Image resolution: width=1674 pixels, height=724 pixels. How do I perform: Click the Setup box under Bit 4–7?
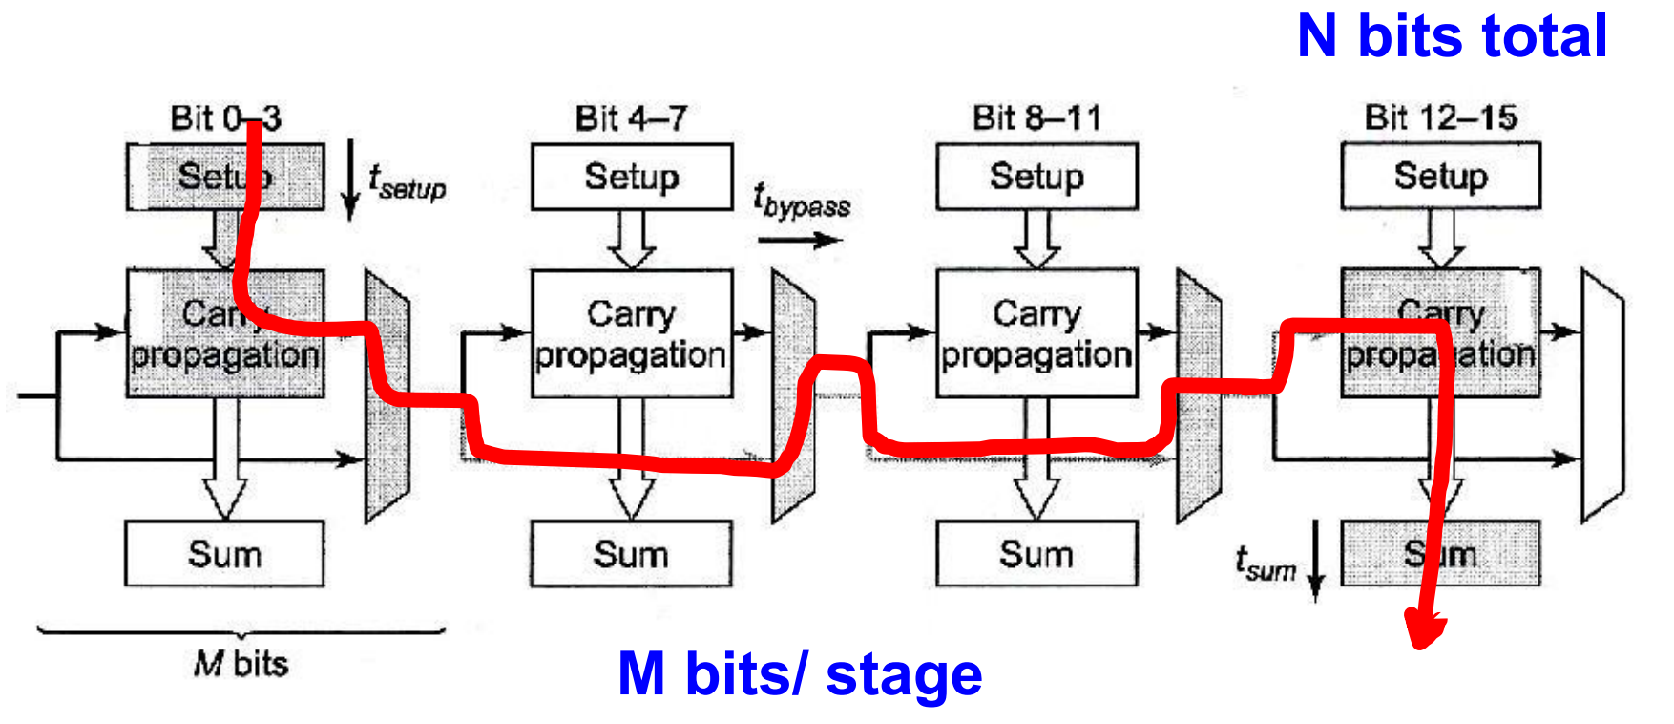pos(632,177)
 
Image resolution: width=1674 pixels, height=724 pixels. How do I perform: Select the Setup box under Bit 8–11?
pos(1036,177)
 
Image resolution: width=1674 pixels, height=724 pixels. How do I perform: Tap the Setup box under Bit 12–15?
pos(1440,177)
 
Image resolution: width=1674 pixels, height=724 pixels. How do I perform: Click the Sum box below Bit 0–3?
pos(224,554)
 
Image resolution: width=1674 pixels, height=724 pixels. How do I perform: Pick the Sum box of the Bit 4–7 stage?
pos(631,554)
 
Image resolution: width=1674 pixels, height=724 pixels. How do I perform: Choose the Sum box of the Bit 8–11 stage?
pos(1036,554)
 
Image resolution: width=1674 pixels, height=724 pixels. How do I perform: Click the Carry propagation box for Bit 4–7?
pos(632,333)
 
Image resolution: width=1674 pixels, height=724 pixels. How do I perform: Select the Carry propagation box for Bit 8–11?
pos(1036,333)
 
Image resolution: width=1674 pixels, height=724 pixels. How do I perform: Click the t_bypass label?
pos(801,201)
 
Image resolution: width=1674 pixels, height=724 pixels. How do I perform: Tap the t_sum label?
pos(1265,564)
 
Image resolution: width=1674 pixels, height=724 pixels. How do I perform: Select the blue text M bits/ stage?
pos(800,674)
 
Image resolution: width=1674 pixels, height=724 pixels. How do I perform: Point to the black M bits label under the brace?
pos(241,663)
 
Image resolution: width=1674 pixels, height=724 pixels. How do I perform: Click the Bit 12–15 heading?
pos(1440,117)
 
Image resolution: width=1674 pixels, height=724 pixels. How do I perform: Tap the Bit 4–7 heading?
pos(631,118)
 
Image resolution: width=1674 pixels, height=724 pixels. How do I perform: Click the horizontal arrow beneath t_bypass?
pos(799,239)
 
